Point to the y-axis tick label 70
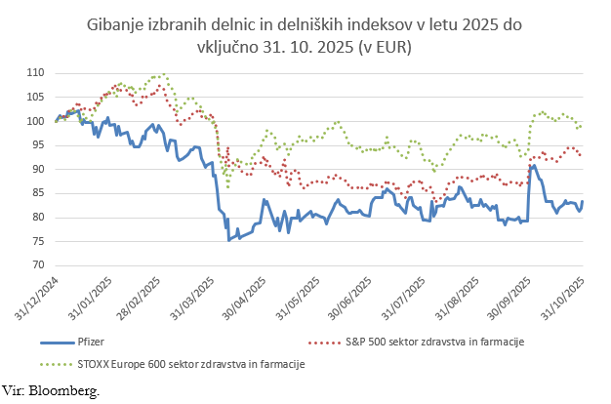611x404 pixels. (38, 264)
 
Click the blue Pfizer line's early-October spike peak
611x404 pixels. (532, 165)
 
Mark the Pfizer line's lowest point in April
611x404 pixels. (229, 240)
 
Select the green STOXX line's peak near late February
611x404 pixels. (162, 74)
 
